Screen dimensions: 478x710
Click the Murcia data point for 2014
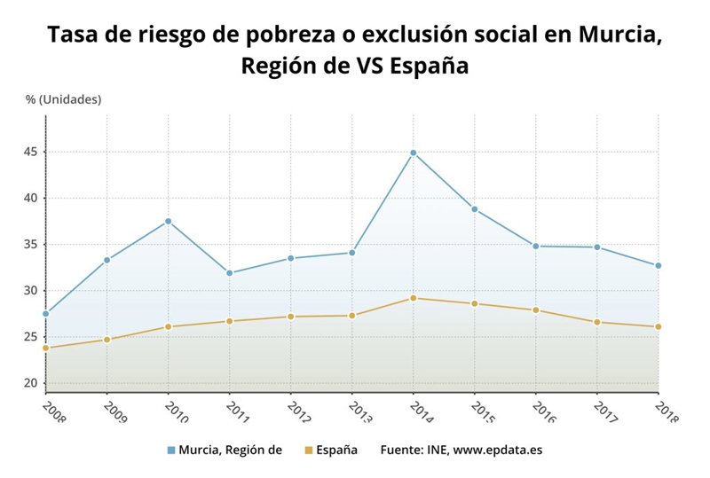tap(413, 153)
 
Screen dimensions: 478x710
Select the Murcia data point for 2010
tap(168, 221)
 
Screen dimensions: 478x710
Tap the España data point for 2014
tap(413, 298)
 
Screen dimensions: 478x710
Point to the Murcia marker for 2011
tap(229, 273)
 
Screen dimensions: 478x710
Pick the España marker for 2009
tap(106, 340)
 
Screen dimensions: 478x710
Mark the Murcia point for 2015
tap(474, 209)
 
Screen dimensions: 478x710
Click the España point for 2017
tap(596, 322)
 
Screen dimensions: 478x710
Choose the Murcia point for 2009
tap(106, 260)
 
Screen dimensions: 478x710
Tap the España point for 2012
tap(290, 317)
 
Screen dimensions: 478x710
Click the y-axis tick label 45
tap(30, 152)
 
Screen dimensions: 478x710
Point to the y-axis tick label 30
tap(30, 291)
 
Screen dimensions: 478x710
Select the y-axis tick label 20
tap(30, 383)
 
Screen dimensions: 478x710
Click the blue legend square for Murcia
tap(170, 451)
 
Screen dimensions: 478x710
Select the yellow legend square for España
tap(309, 451)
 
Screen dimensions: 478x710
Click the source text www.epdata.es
tap(497, 451)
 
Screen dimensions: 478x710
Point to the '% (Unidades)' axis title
tap(63, 99)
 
